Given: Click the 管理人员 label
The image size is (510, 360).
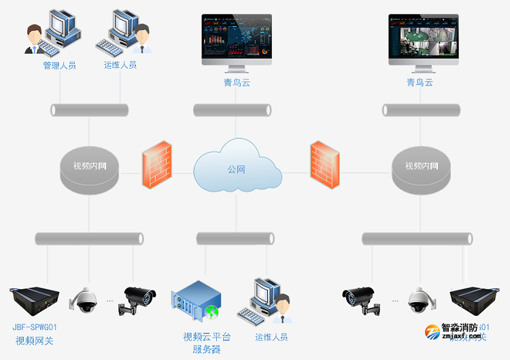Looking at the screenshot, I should point(59,66).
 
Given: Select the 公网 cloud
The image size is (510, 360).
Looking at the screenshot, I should point(237,168).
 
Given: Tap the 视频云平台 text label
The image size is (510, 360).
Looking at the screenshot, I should point(207,337).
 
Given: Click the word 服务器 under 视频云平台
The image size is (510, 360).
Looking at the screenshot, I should point(207,349).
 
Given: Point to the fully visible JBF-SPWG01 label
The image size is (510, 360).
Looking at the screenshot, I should point(39,327).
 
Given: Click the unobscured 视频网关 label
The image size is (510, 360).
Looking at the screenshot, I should point(35,340).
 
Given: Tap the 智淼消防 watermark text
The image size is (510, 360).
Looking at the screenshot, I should point(460,327).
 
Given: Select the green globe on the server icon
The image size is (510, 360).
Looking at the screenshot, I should point(212,313).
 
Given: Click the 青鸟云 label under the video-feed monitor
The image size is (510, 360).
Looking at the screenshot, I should point(420,82).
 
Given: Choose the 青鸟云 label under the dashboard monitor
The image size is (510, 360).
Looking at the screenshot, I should point(237,82).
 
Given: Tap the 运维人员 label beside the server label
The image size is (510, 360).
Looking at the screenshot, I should point(271,337).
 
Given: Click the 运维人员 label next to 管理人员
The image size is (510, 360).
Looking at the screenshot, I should point(120,65).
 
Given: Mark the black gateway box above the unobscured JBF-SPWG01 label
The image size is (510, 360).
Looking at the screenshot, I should point(35,297).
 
